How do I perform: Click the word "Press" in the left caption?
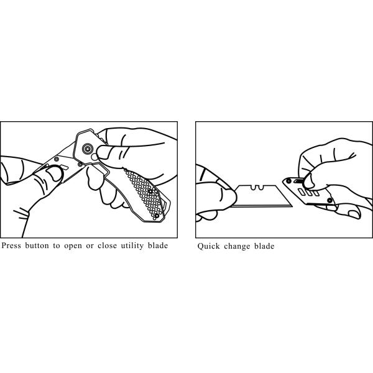coord(11,246)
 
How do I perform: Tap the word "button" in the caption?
coord(37,246)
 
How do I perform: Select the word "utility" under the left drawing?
coord(132,246)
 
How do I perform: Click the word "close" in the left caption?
coord(108,246)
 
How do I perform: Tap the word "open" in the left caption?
coord(73,246)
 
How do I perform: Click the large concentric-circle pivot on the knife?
coord(88,149)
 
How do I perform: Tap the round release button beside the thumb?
coord(94,157)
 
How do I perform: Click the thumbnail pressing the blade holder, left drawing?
coord(55,173)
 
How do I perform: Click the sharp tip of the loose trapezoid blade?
coord(292,206)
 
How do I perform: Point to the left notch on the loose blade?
coord(254,188)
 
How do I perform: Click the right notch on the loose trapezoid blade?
coord(260,188)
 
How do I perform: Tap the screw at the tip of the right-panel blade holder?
coord(288,182)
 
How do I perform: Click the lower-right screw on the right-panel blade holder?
coord(329,200)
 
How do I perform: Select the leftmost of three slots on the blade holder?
coord(302,191)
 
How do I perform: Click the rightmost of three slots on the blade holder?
coord(316,193)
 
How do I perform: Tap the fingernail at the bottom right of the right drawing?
coord(354,214)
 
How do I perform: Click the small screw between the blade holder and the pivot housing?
coord(80,164)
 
